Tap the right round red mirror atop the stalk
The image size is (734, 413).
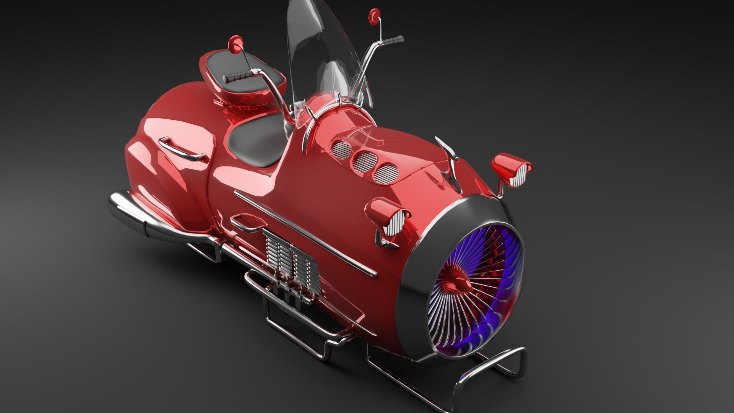point(373,16)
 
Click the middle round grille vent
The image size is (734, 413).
point(364,161)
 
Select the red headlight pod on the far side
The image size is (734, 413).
point(512,170)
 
